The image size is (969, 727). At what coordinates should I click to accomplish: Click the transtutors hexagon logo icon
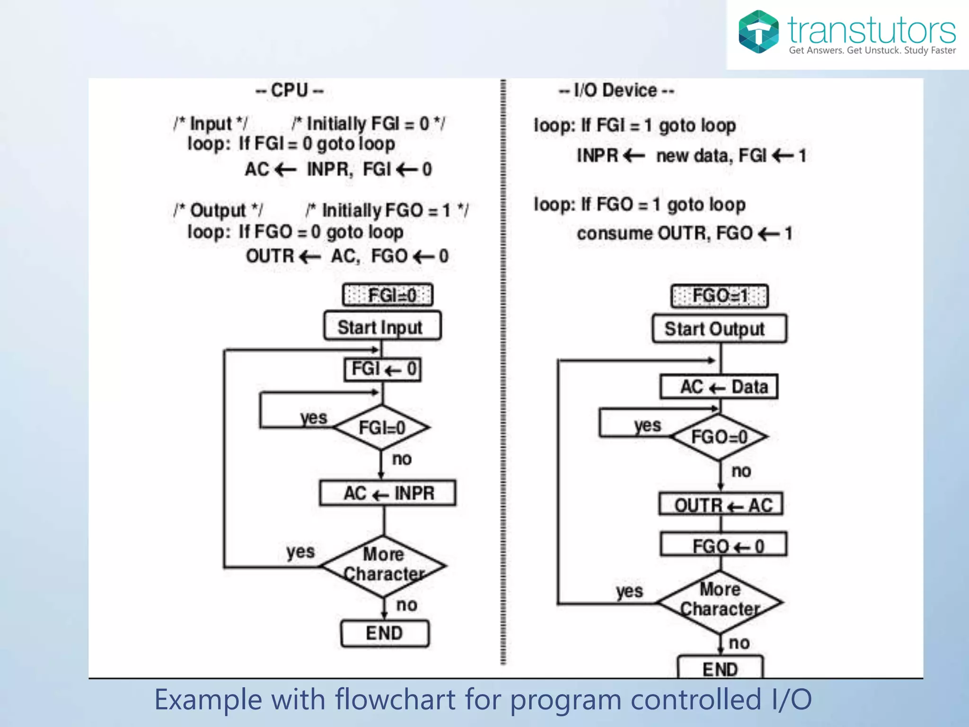tap(758, 32)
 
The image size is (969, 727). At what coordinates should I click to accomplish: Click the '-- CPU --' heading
tap(289, 90)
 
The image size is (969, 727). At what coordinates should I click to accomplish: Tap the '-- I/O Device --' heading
tap(616, 90)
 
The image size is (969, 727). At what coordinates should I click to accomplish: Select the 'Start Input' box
tap(382, 326)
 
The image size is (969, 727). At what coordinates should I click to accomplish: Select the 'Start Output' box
tap(719, 328)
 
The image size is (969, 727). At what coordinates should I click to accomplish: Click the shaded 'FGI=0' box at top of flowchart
tap(388, 295)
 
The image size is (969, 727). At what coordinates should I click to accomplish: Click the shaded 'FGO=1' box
tap(719, 296)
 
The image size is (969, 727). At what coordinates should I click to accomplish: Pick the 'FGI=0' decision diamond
tap(381, 427)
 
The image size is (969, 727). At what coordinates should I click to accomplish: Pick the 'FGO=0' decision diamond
tap(719, 437)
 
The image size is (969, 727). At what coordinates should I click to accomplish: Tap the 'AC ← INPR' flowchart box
tap(388, 493)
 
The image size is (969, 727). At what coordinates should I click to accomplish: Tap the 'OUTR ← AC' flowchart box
tap(721, 505)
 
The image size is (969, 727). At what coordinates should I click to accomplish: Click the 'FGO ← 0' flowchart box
tap(723, 545)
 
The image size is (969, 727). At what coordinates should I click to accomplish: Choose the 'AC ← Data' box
tap(719, 387)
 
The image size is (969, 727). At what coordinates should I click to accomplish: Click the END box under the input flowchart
tap(385, 633)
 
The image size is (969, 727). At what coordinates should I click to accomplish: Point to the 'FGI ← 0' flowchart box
tap(383, 369)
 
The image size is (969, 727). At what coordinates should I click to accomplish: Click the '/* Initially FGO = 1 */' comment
tap(387, 210)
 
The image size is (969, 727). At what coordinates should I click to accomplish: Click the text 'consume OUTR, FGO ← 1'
tap(684, 233)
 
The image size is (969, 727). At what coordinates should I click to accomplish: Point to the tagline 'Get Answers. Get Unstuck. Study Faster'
tap(872, 50)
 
